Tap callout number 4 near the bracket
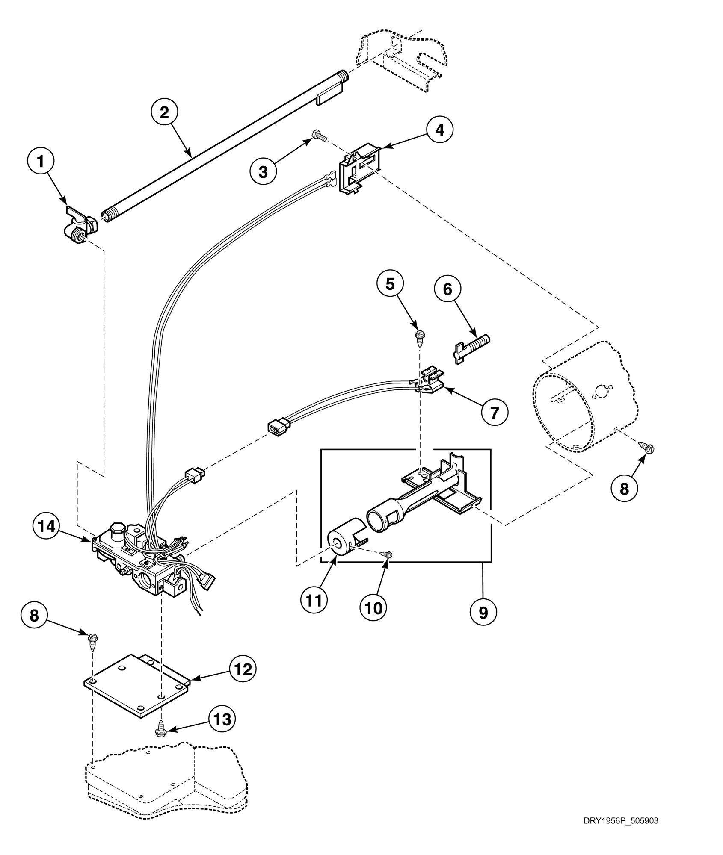tap(439, 130)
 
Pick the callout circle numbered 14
tap(46, 527)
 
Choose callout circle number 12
tap(243, 669)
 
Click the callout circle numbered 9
tap(483, 613)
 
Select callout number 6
tap(447, 289)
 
